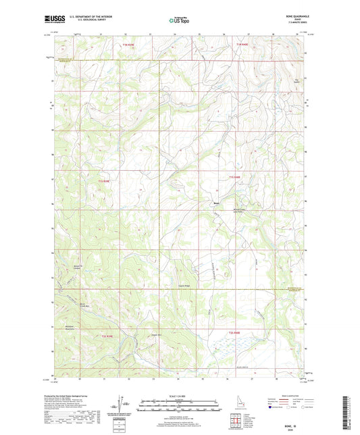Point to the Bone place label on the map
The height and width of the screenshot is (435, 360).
(x=216, y=203)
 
